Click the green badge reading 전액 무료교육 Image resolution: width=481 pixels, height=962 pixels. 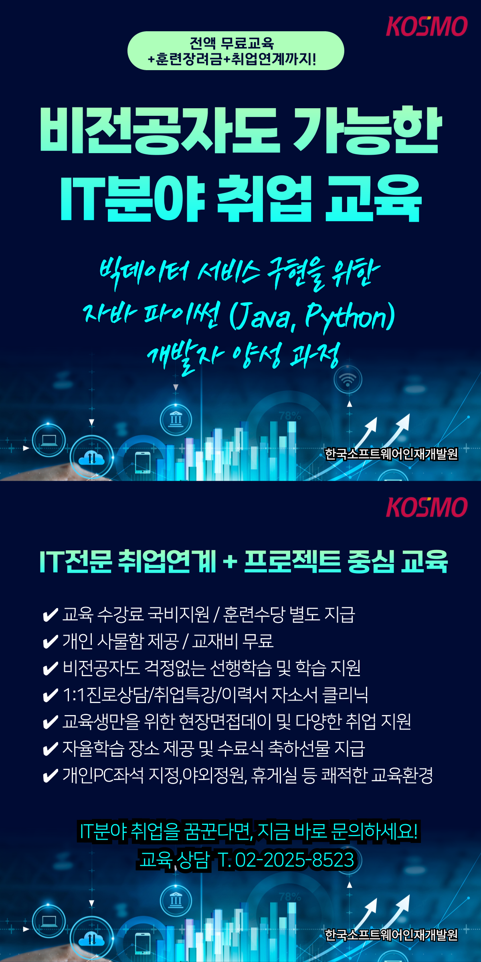(x=236, y=51)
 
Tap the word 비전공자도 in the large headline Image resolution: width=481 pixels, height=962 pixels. (x=160, y=130)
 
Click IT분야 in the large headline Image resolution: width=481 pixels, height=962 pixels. (x=133, y=199)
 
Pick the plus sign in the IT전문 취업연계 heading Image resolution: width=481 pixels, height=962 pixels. (x=230, y=561)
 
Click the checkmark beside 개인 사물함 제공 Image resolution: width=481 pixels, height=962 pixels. (x=50, y=642)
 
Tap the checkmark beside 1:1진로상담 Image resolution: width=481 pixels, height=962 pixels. (x=50, y=695)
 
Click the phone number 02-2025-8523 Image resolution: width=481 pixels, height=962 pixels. (x=295, y=860)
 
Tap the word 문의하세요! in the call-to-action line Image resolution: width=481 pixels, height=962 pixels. (x=374, y=831)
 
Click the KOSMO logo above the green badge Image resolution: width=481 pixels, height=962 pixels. (x=427, y=26)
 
